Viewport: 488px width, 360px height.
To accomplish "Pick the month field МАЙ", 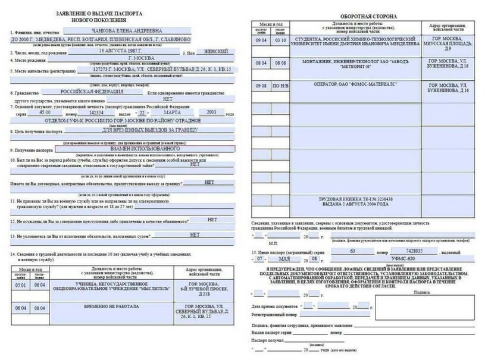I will pos(302,260).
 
